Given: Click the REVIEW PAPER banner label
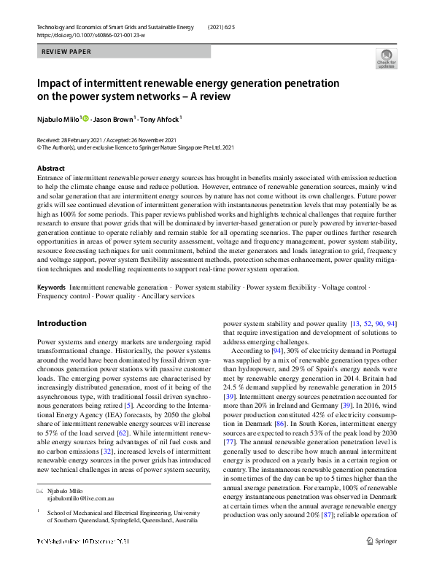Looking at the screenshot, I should tap(66, 52).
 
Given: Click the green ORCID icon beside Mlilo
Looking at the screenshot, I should tap(85, 117).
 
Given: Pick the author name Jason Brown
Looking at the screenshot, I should tap(114, 117).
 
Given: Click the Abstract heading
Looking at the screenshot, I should tap(51, 169).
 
